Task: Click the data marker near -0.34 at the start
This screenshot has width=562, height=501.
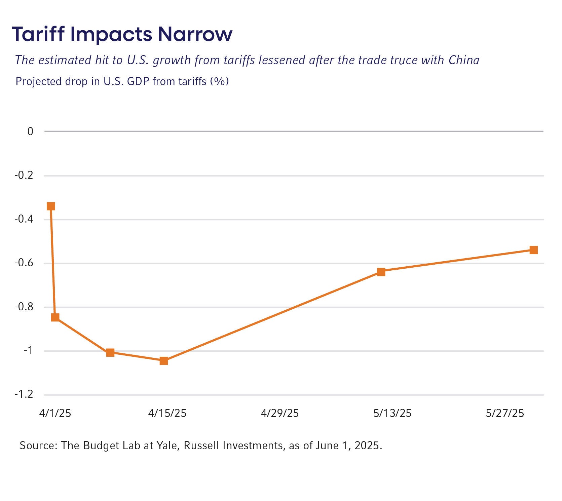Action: (x=51, y=206)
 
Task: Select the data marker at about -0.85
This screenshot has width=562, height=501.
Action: (x=55, y=317)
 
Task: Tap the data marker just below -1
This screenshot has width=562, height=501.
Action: (x=110, y=352)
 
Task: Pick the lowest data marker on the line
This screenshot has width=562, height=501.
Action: (x=164, y=361)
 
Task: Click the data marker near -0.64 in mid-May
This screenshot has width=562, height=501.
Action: (x=381, y=272)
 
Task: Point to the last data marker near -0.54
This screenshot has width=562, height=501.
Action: (x=534, y=250)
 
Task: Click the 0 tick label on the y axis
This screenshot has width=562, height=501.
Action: (x=31, y=131)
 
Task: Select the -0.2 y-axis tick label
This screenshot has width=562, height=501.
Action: (x=24, y=176)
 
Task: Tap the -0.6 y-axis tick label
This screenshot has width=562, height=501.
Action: (x=24, y=263)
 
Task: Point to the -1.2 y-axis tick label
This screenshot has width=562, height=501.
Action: (x=24, y=394)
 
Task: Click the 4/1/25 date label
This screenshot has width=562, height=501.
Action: (x=55, y=413)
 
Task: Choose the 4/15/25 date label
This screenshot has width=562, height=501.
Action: (x=167, y=413)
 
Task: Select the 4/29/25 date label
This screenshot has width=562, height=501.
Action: (x=280, y=413)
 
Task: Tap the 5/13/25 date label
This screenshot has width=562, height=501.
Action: (x=392, y=413)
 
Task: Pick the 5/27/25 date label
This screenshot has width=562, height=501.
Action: (x=505, y=413)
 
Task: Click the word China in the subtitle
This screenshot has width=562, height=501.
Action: (x=464, y=60)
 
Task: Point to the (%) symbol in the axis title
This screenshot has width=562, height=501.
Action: (x=219, y=81)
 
